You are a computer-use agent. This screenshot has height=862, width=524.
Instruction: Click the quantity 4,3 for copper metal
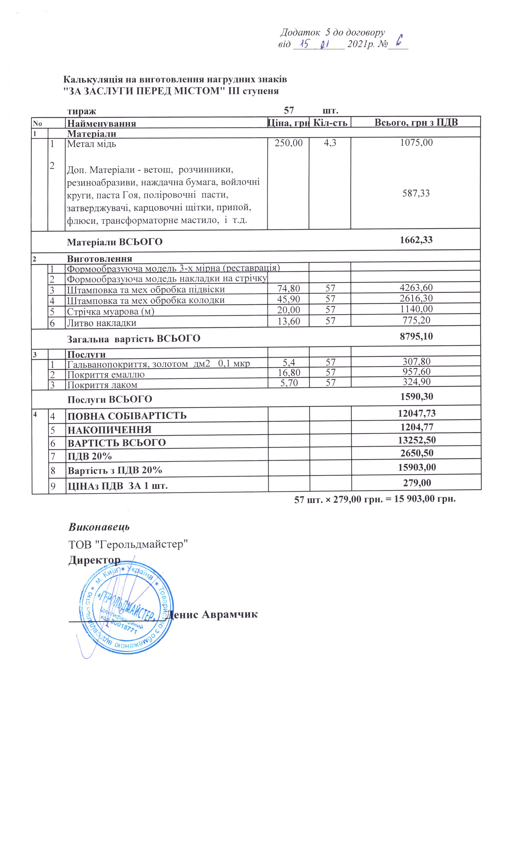click(330, 143)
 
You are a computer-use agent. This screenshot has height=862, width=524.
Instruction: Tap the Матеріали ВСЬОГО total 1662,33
click(416, 240)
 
